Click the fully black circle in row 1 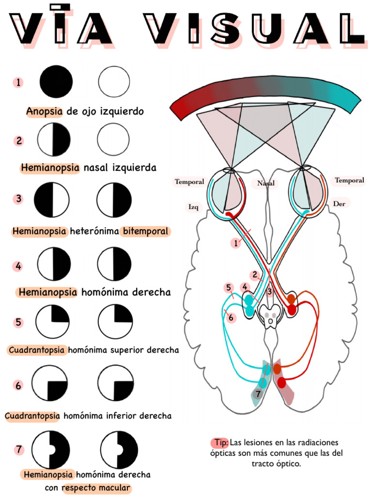tap(56, 81)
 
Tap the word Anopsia tap(44, 111)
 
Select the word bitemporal tap(145, 231)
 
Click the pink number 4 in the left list tap(18, 266)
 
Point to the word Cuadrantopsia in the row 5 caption tap(36, 350)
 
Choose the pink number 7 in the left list tap(19, 449)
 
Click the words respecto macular tap(96, 488)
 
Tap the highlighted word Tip tap(221, 442)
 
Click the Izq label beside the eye tap(193, 207)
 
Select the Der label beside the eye tap(339, 204)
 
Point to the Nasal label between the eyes tap(266, 183)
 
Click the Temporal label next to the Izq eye tap(189, 182)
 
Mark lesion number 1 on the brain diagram tap(236, 243)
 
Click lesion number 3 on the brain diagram tap(269, 292)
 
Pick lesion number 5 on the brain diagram tap(229, 288)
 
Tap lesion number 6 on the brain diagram tap(231, 317)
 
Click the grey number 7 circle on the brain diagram tap(258, 394)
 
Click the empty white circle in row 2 tap(113, 139)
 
